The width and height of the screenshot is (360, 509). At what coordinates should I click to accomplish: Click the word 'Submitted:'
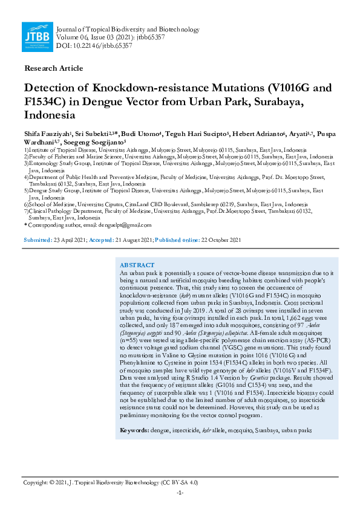tap(38, 240)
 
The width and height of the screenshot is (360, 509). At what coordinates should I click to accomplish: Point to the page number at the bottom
tap(180, 493)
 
